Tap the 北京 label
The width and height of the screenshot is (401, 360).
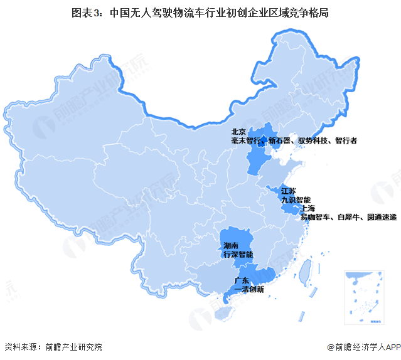[238, 132]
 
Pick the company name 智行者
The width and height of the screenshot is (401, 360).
[346, 141]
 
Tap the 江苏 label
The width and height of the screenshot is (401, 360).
[289, 190]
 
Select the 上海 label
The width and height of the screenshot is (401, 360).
[307, 208]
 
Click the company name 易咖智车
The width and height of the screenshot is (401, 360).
[316, 216]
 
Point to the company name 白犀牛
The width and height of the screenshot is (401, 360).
[350, 216]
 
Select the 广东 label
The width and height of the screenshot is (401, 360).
[242, 280]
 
